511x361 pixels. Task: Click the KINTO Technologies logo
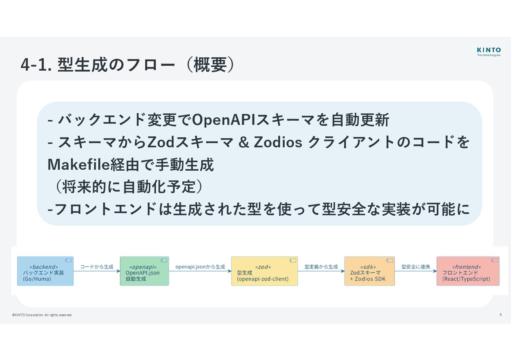click(x=489, y=52)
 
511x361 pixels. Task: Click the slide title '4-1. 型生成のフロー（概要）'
click(x=127, y=65)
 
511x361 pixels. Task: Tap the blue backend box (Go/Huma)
click(x=45, y=271)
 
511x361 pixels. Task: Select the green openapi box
click(x=144, y=271)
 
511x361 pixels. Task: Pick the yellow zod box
click(x=264, y=271)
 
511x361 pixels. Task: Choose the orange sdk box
click(x=369, y=271)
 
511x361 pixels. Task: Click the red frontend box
click(x=468, y=271)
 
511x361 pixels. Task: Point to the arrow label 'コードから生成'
click(x=96, y=267)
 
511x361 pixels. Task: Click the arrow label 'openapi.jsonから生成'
click(x=200, y=267)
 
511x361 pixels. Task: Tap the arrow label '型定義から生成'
click(x=321, y=267)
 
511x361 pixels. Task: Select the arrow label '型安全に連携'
click(x=415, y=267)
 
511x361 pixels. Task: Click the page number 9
click(x=500, y=315)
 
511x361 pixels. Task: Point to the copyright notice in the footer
click(x=42, y=315)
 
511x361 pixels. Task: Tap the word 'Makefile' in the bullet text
click(x=78, y=165)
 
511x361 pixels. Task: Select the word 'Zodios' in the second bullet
click(x=278, y=142)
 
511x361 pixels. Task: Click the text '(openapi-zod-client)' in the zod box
click(x=263, y=279)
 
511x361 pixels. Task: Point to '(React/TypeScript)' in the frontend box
click(x=466, y=279)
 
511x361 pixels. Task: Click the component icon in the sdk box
click(x=390, y=260)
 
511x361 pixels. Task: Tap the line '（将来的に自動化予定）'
click(x=127, y=186)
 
